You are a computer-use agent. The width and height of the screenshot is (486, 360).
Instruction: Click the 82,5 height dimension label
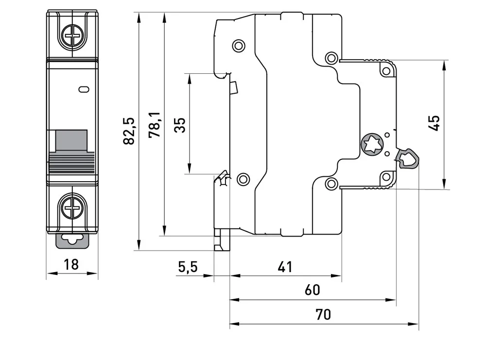pos(129,131)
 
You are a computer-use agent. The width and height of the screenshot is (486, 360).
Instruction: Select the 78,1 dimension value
pos(155,125)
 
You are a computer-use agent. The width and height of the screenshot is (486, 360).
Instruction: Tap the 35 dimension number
pos(180,125)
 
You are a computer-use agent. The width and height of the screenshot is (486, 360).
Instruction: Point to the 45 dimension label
pos(434,123)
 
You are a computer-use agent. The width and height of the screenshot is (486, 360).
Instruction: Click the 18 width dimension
pos(71,265)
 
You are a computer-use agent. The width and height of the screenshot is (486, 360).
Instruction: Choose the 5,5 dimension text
pos(188,267)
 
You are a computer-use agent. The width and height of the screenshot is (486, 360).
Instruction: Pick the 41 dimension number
pos(285,267)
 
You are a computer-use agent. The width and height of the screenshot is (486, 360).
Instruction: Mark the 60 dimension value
pos(312,290)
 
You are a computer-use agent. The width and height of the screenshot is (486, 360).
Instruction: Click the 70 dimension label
pos(323,314)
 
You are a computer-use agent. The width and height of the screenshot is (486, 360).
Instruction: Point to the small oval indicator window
pos(84,89)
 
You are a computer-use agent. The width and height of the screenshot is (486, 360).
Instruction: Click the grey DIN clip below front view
pos(72,240)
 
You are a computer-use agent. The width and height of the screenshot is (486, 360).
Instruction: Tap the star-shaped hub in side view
pos(372,145)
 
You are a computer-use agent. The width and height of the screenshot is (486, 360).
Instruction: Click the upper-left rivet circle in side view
pos(239,46)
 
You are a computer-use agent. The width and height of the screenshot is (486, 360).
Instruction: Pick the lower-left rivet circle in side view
pos(243,179)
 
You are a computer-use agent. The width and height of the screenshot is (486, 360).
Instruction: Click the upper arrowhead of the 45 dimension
pos(445,65)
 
